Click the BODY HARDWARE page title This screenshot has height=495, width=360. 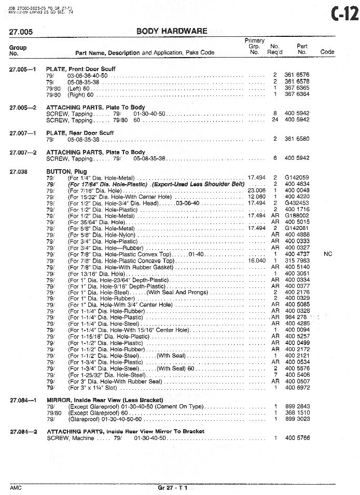[x=172, y=31]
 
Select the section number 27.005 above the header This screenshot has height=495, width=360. [x=21, y=32]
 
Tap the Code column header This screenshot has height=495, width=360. [x=327, y=52]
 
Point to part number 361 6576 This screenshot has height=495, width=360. [x=297, y=75]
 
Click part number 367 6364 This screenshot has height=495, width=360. [x=297, y=94]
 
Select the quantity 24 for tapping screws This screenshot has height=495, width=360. [x=275, y=120]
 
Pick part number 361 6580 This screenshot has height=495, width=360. [x=297, y=139]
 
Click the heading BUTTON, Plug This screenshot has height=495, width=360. [x=66, y=171]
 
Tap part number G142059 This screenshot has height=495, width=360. [x=297, y=177]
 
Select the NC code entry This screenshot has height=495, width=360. [x=327, y=254]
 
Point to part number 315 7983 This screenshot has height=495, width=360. [x=297, y=260]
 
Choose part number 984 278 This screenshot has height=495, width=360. [x=295, y=318]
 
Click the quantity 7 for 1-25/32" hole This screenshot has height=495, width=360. [x=275, y=375]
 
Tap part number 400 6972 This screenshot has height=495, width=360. [x=297, y=388]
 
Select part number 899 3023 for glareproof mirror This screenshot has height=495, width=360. [x=297, y=419]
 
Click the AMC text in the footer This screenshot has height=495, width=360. [x=16, y=489]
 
